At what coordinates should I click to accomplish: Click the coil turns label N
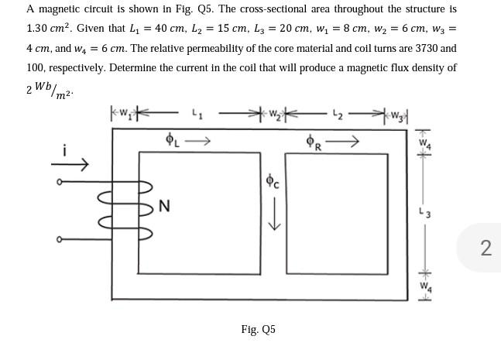click(x=164, y=206)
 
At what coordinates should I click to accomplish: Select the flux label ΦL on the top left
click(x=171, y=140)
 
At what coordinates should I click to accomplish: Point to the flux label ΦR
click(x=314, y=142)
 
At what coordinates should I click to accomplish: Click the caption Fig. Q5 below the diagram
click(x=258, y=330)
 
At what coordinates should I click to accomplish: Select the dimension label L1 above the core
click(x=197, y=116)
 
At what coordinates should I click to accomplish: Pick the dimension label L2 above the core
click(x=336, y=116)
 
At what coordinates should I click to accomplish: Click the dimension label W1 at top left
click(x=124, y=116)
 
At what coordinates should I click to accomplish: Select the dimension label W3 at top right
click(x=397, y=116)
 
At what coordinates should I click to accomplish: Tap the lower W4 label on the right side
click(x=423, y=286)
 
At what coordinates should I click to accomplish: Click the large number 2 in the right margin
click(x=486, y=248)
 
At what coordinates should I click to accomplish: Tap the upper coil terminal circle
click(x=60, y=183)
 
